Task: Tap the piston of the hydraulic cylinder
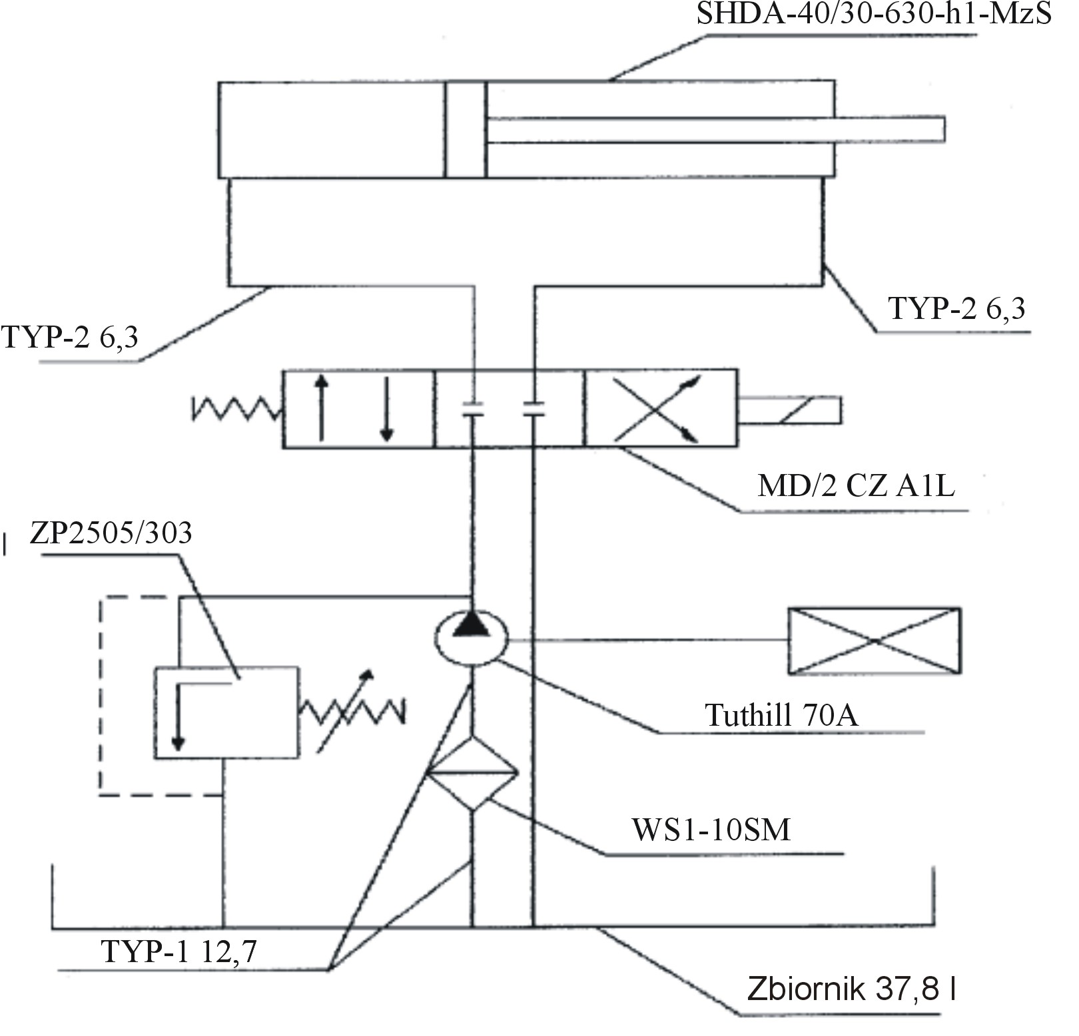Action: point(466,129)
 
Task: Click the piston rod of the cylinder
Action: point(716,129)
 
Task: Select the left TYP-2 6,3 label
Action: point(70,337)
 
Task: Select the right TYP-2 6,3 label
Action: point(957,308)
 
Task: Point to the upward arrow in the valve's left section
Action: point(321,407)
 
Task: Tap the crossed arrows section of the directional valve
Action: point(661,408)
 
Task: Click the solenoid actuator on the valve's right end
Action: point(790,410)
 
